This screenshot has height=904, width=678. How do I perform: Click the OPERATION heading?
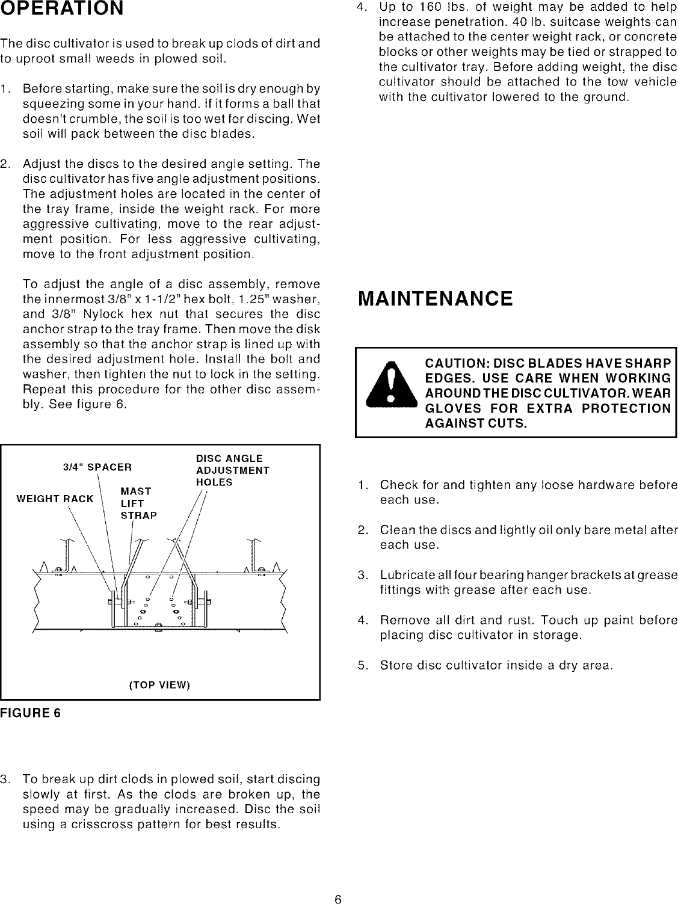(62, 10)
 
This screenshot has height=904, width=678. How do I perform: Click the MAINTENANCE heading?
(435, 299)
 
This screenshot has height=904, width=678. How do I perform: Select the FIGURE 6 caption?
(31, 713)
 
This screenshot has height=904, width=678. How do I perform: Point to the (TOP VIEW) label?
(159, 685)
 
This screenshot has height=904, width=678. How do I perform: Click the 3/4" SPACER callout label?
(97, 467)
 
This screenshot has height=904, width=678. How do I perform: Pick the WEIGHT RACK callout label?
(55, 499)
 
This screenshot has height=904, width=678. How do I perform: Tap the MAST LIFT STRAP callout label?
(138, 503)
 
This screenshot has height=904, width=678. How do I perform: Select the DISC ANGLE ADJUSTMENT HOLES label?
(232, 470)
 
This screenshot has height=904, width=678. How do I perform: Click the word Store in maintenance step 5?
(393, 666)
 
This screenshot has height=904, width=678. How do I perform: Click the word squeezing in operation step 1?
(47, 104)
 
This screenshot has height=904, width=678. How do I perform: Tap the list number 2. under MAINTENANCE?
(362, 530)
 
